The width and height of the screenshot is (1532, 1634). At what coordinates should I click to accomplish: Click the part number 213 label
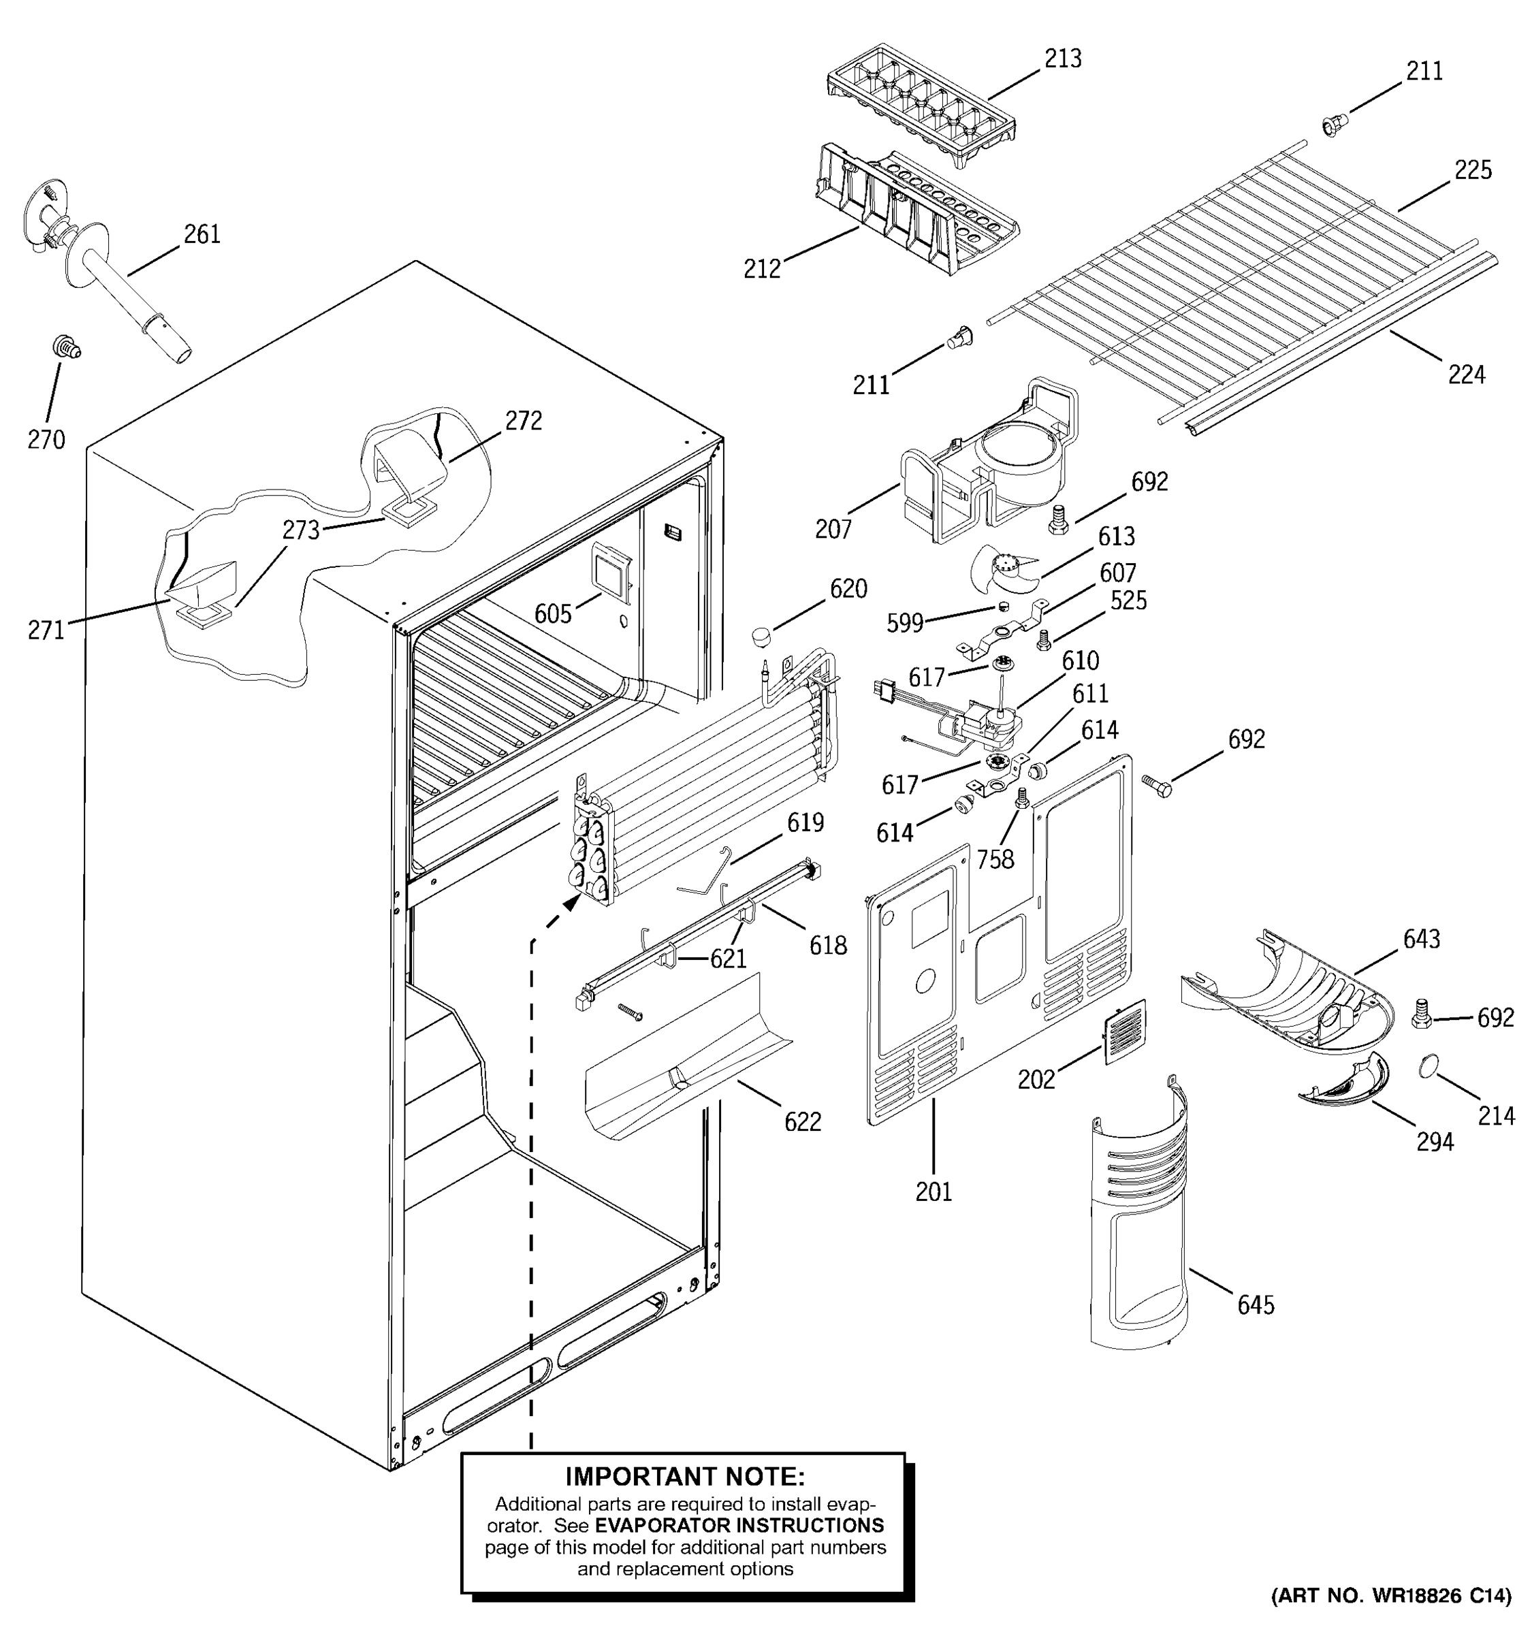[1063, 59]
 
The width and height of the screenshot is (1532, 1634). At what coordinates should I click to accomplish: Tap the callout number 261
[202, 234]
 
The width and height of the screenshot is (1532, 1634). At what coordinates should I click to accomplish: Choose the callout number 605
[552, 613]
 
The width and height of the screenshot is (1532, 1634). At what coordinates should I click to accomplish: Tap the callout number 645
[1255, 1304]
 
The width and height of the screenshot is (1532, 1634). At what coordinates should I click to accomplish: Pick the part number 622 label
[802, 1122]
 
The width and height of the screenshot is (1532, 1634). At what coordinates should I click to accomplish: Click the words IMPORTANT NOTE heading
[684, 1477]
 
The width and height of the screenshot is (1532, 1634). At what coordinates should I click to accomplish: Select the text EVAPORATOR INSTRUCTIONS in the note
[739, 1526]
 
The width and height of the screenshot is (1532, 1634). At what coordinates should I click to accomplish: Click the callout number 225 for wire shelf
[1473, 170]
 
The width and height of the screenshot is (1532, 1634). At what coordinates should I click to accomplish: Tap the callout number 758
[995, 860]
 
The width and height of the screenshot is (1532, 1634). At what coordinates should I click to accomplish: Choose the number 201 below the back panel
[933, 1192]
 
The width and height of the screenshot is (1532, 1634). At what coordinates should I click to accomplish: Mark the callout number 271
[46, 630]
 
